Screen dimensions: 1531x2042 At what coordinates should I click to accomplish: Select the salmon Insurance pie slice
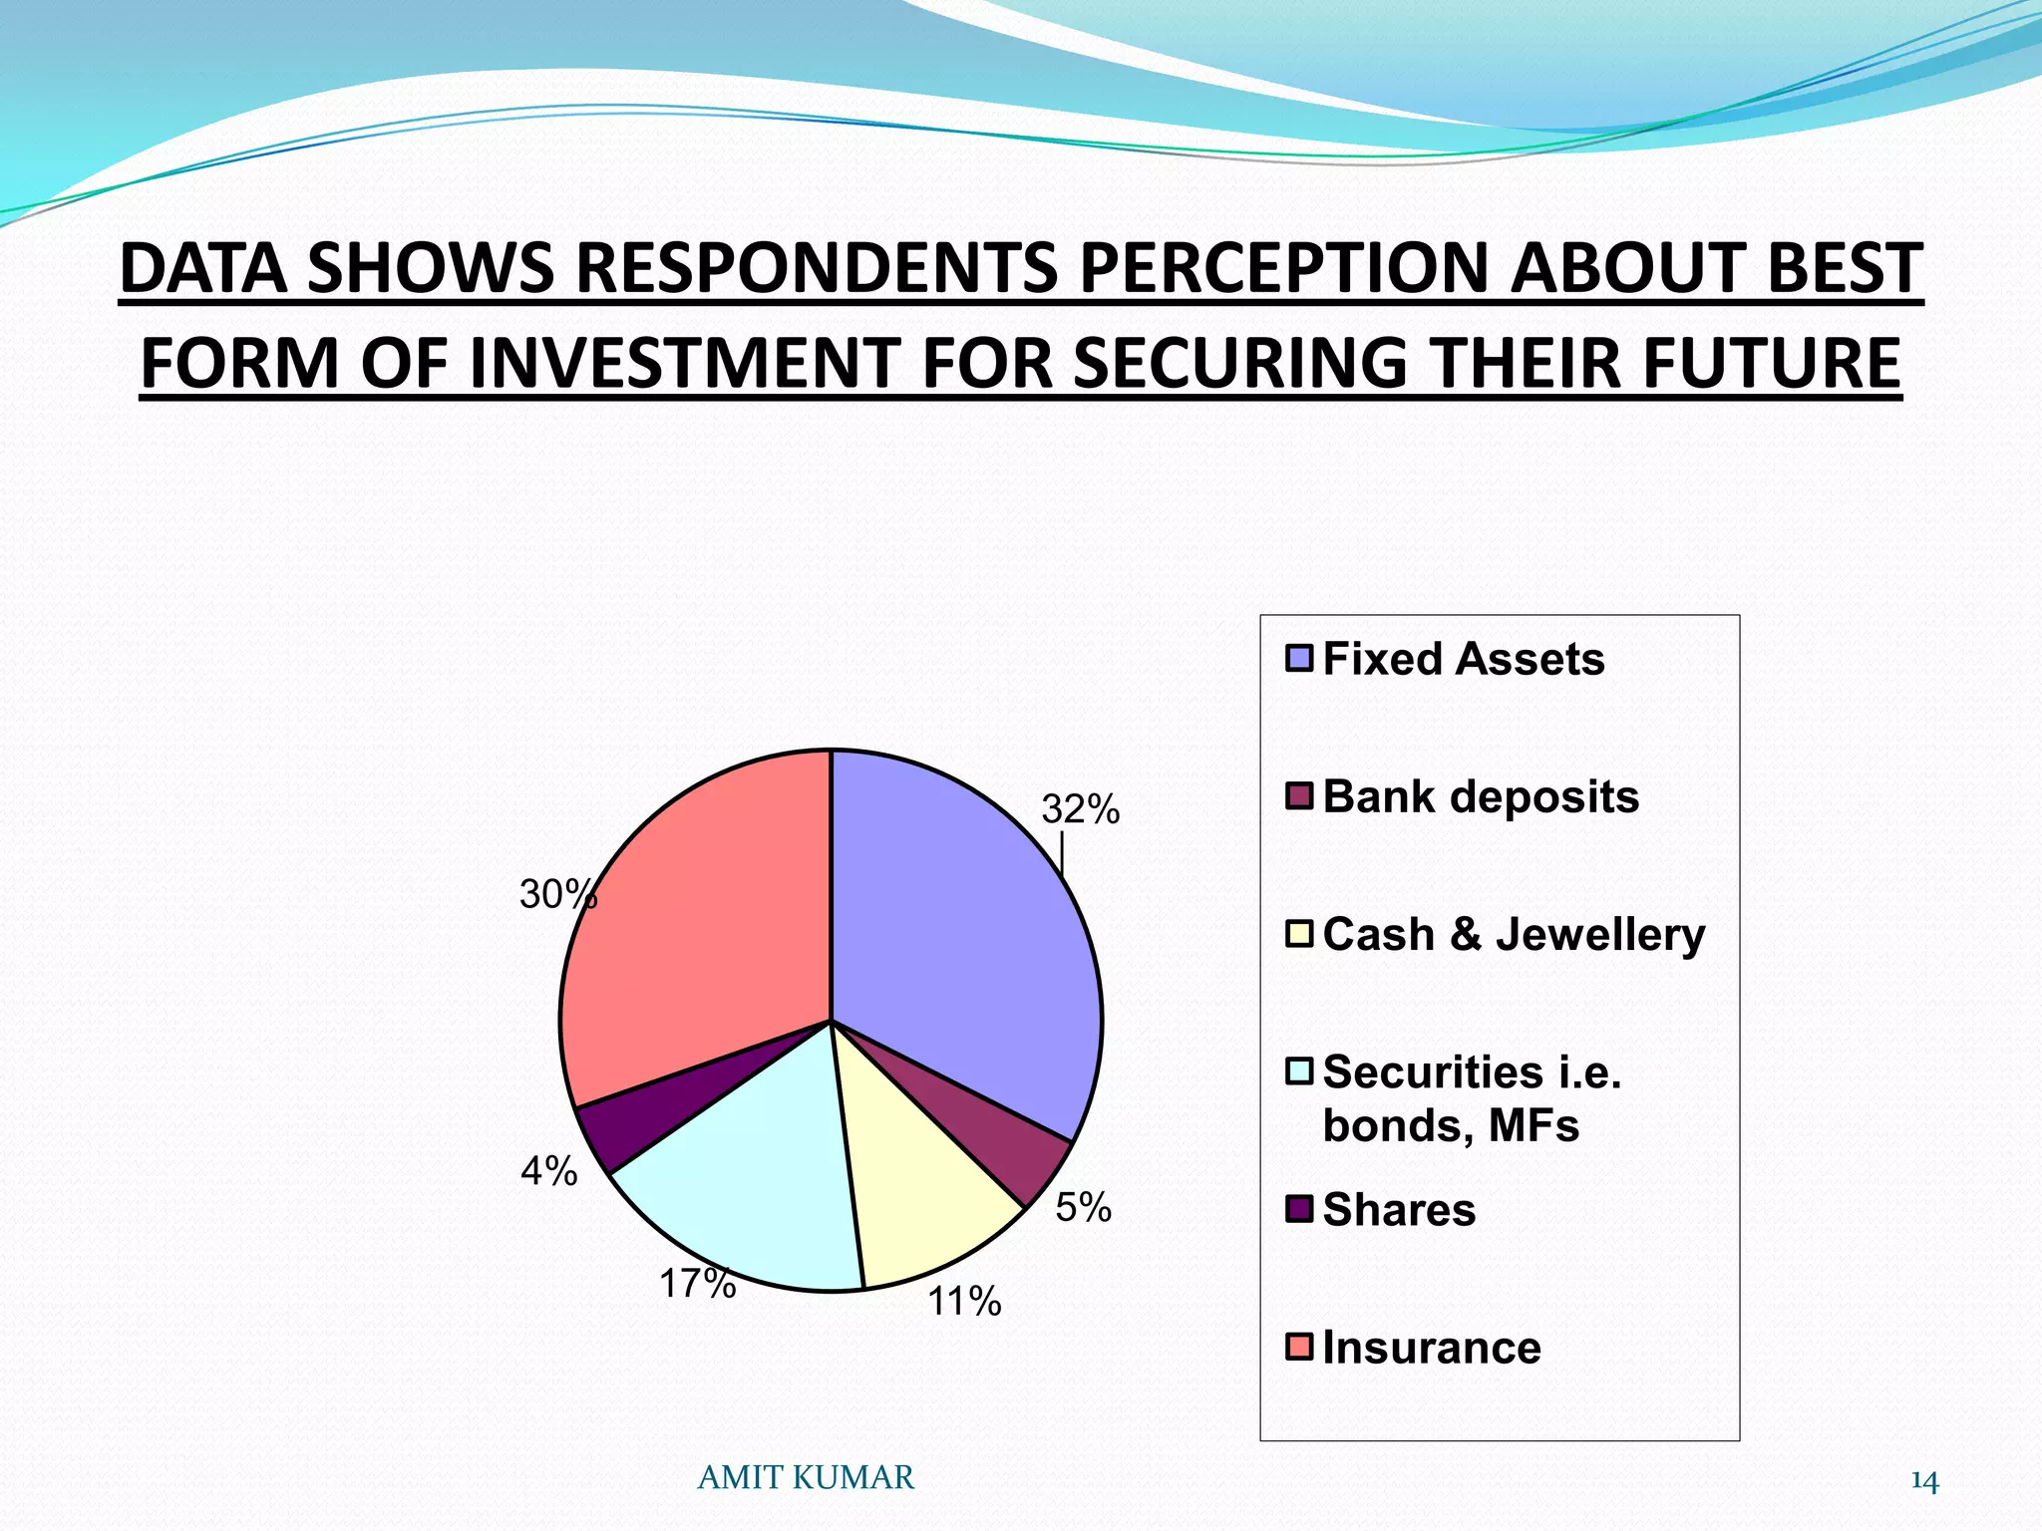click(698, 937)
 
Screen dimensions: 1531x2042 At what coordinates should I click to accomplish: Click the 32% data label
click(1080, 809)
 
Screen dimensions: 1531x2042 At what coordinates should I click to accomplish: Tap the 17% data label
click(697, 1284)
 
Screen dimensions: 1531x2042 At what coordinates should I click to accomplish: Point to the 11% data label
click(964, 1301)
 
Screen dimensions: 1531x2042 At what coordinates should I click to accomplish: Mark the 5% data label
click(1083, 1207)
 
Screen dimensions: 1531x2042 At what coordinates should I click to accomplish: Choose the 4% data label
click(548, 1170)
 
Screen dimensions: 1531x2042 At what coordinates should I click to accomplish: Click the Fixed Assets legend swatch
click(1298, 659)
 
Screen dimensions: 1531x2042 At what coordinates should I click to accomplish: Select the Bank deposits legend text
click(1480, 796)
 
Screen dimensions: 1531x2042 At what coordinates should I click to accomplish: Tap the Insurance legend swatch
click(1298, 1347)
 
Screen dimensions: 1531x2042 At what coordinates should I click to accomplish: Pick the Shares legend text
click(1398, 1209)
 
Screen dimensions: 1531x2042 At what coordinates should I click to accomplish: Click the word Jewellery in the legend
click(1599, 934)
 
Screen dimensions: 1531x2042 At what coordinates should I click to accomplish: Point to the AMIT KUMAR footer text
click(805, 1477)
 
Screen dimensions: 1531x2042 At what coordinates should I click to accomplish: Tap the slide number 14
click(1923, 1482)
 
